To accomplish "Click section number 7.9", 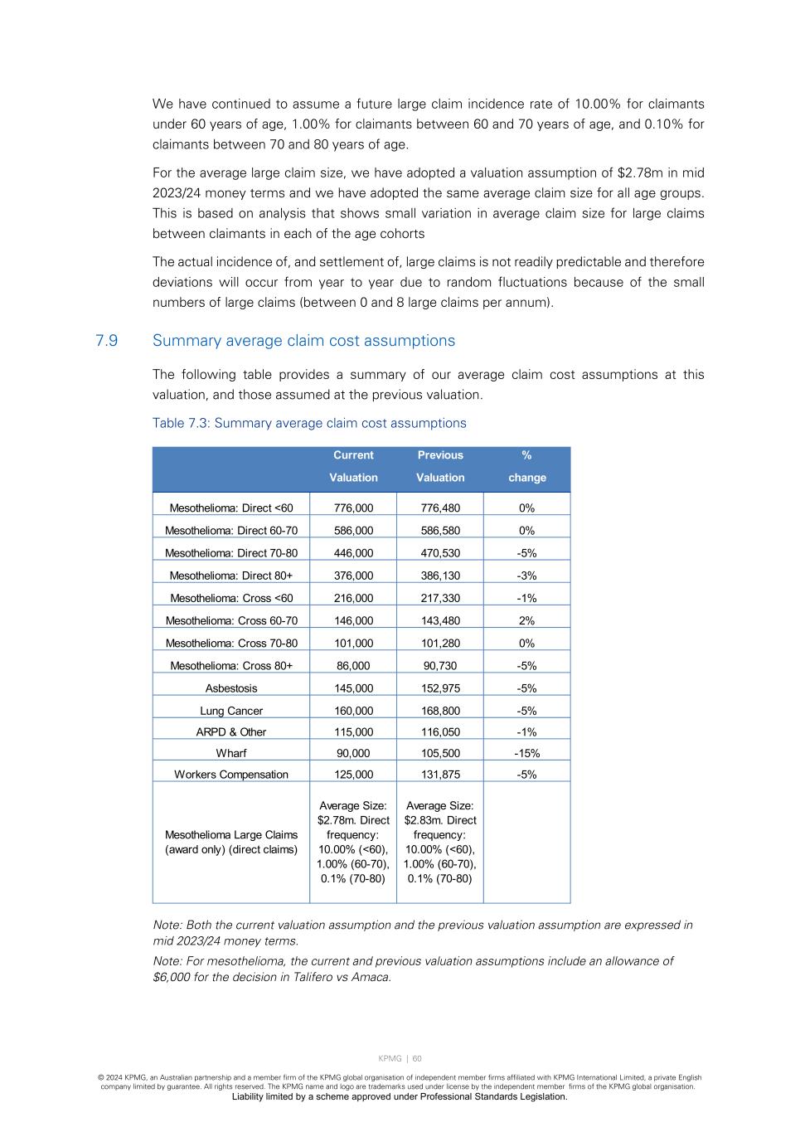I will tap(106, 341).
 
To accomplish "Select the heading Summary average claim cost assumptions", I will tap(303, 341).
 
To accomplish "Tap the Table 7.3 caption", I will tap(309, 423).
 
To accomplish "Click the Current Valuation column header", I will tap(353, 466).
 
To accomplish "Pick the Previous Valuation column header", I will tap(440, 466).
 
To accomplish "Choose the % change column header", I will tap(527, 466).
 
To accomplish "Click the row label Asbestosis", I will tap(231, 688).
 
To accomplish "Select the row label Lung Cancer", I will tap(231, 711).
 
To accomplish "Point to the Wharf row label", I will tap(231, 753).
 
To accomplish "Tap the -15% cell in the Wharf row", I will tap(527, 753).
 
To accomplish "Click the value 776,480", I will tap(440, 508).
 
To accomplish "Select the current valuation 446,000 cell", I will tap(353, 553).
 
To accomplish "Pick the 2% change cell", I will tap(527, 620).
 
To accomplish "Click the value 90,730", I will tap(440, 666).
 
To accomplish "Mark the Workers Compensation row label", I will tap(231, 775).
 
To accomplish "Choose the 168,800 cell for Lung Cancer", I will tap(440, 711).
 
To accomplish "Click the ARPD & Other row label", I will tap(231, 732).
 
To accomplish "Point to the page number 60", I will tap(417, 1058).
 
